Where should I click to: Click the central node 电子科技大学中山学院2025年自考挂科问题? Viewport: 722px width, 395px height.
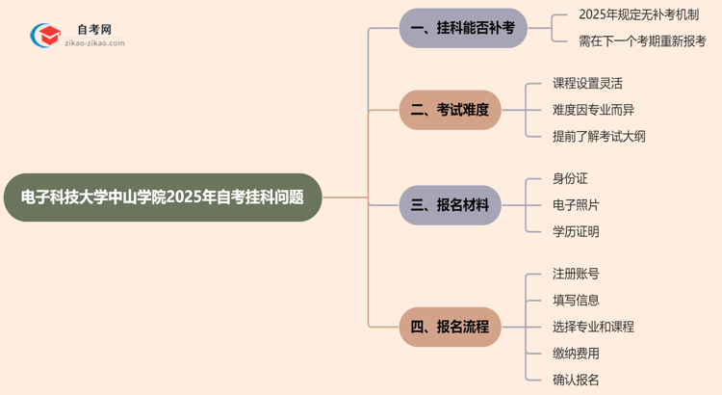tap(162, 197)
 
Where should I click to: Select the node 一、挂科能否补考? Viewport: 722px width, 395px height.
tap(463, 28)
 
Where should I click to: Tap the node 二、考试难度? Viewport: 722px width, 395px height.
tap(450, 110)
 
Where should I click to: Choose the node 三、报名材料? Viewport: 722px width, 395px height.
tap(450, 205)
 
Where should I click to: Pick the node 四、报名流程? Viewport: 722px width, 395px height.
tap(450, 327)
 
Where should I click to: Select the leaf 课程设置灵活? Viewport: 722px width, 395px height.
tap(587, 84)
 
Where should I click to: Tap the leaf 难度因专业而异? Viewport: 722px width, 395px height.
tap(593, 110)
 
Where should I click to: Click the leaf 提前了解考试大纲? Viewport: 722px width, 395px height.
tap(599, 136)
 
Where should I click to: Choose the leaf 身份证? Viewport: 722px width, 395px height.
tap(570, 179)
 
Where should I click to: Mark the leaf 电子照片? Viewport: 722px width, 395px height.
tap(576, 205)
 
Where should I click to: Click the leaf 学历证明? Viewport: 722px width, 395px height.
tap(576, 231)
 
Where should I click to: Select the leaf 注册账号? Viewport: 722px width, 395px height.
tap(576, 275)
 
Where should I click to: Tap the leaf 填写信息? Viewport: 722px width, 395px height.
tap(576, 301)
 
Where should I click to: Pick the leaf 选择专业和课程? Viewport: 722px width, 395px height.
tap(593, 327)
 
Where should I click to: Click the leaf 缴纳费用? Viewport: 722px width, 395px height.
tap(576, 354)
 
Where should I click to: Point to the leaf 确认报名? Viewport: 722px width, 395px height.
tap(576, 380)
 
